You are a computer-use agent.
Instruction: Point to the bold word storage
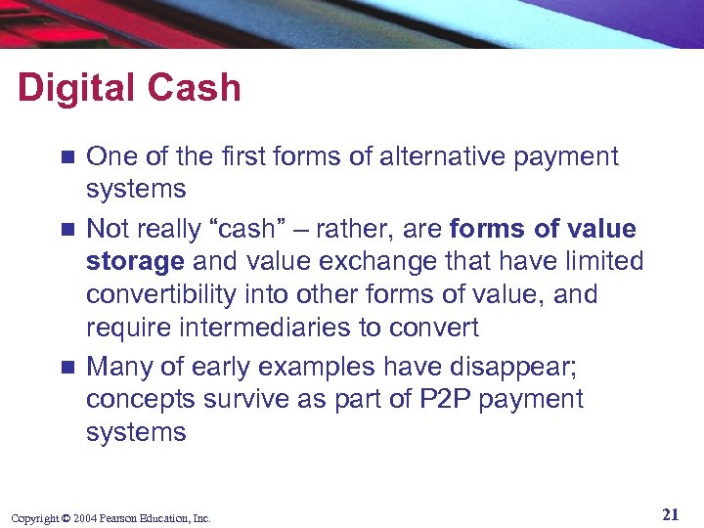click(x=135, y=262)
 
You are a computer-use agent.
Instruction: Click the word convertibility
click(x=172, y=294)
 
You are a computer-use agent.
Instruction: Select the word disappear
click(x=510, y=367)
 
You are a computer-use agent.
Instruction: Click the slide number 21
click(x=671, y=515)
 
